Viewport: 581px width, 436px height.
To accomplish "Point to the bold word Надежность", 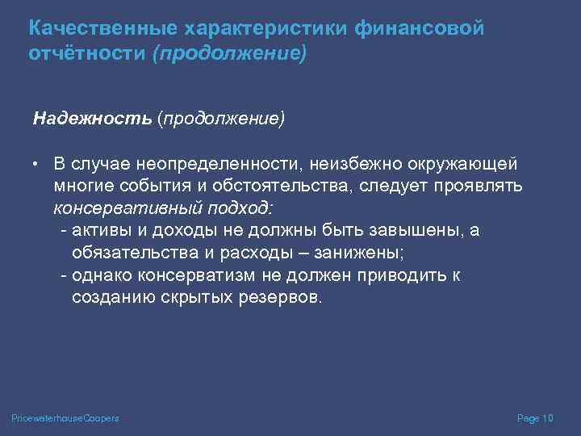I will tap(91, 119).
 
